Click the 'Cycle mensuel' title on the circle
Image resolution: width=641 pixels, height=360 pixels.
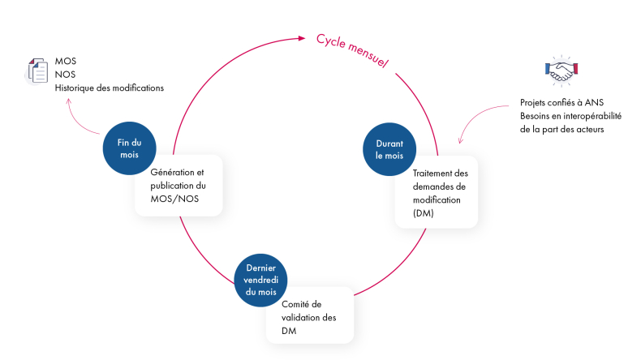(353, 50)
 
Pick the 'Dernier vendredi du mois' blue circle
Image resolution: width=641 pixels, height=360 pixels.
(261, 280)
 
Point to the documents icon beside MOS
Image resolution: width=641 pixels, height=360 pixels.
(38, 71)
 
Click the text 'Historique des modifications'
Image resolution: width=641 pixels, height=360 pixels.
(109, 88)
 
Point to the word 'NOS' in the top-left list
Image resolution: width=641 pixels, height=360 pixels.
(65, 75)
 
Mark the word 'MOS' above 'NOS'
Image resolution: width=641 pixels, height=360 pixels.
(66, 62)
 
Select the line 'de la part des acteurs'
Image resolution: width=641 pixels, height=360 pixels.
(562, 129)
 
